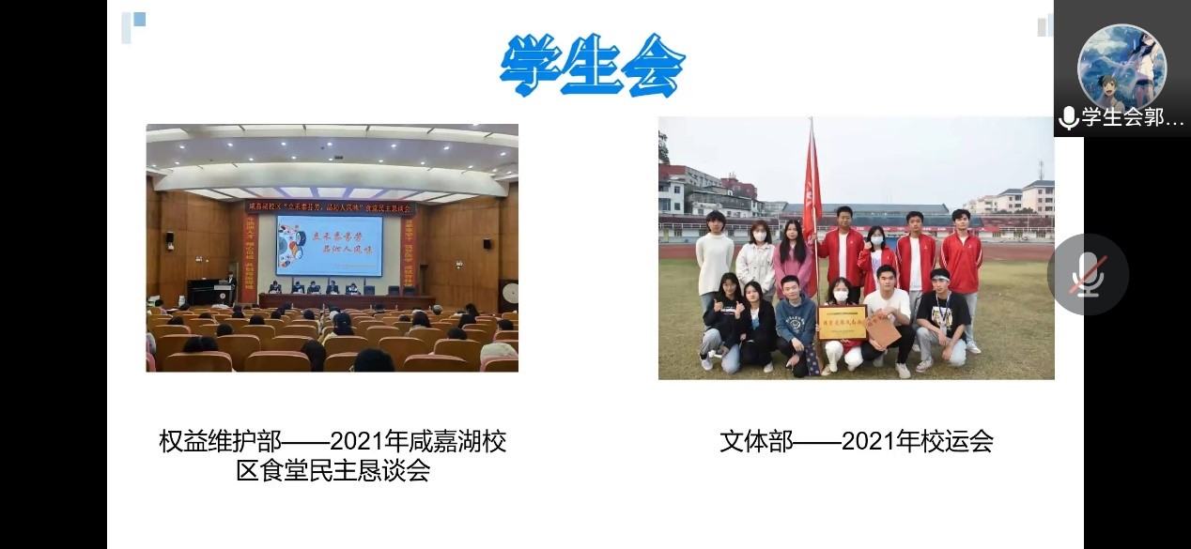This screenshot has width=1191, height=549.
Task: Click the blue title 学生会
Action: coord(592,66)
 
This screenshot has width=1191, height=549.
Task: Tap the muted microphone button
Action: coord(1088,274)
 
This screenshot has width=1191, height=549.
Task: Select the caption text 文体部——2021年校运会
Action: coord(856,441)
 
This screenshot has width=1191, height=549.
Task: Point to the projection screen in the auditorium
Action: coord(329,245)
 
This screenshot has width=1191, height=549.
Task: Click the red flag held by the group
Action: coord(811,188)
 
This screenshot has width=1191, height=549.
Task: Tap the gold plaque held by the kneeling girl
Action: coord(842,322)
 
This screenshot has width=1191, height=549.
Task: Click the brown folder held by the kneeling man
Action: coord(882,328)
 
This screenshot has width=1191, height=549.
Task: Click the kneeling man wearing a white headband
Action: coord(942,314)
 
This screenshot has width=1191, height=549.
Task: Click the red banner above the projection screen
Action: coord(329,206)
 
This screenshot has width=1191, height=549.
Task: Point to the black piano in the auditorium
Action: coord(209,291)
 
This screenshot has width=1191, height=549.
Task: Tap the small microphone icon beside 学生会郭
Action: coord(1068,118)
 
